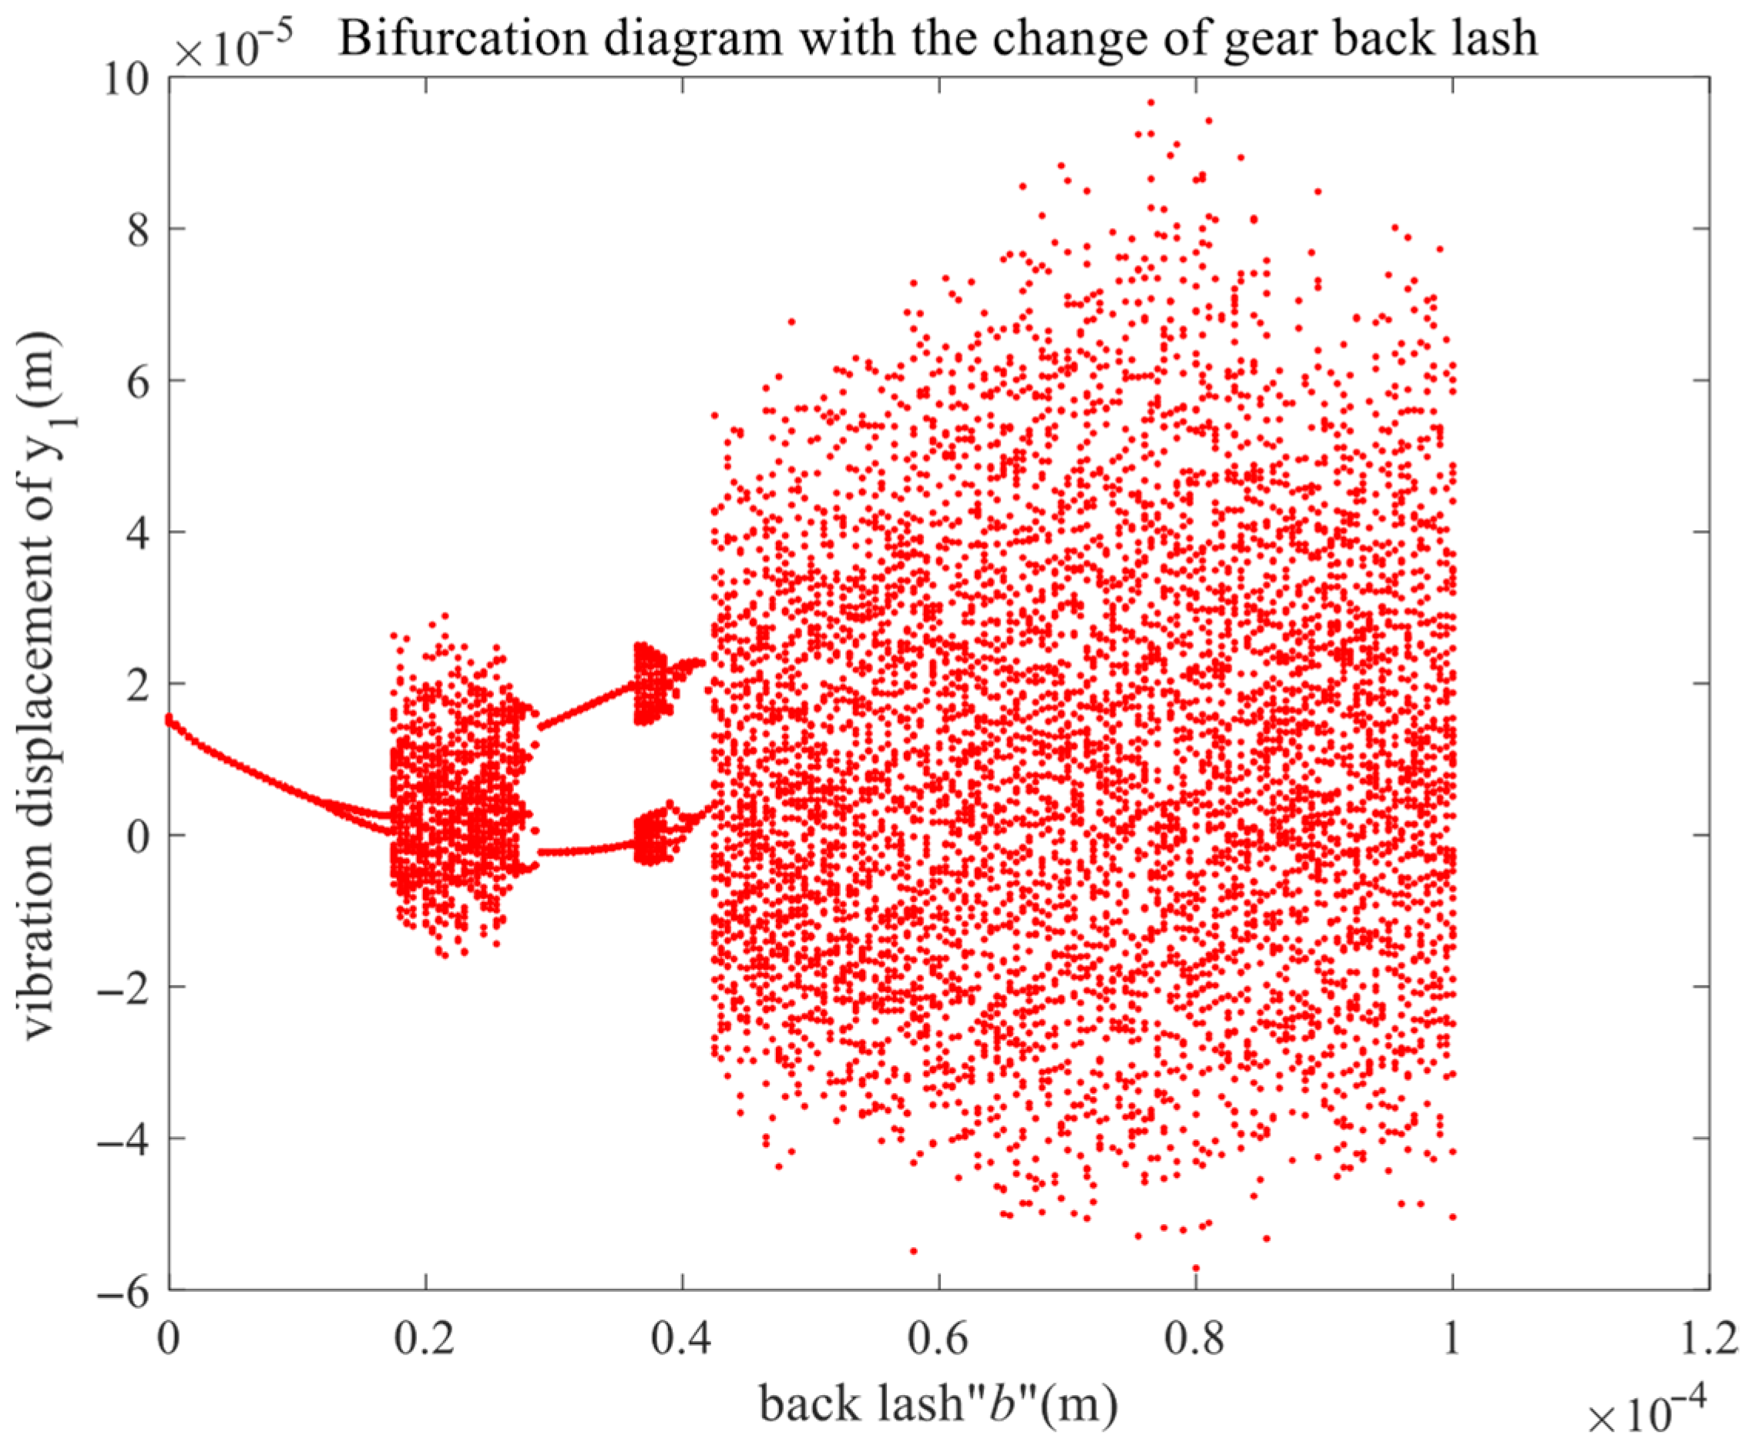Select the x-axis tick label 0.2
425,1338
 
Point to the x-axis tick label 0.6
938,1338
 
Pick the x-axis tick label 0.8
1195,1338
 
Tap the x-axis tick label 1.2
1707,1338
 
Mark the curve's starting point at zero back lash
169,719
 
